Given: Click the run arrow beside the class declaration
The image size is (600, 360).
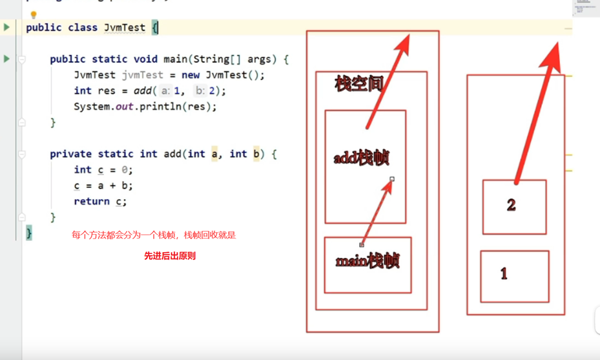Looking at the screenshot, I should tap(6, 27).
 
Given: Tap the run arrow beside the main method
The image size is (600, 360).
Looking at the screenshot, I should tap(6, 59).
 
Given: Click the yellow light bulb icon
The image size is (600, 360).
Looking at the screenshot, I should tap(34, 14).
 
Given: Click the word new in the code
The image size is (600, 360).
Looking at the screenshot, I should tap(191, 75).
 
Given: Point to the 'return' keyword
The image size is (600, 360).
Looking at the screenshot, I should tap(92, 201).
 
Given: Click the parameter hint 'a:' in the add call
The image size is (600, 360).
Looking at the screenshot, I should tap(166, 91).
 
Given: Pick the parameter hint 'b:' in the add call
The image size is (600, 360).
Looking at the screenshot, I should tap(200, 91).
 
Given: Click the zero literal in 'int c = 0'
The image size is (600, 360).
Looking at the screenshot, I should tap(126, 170).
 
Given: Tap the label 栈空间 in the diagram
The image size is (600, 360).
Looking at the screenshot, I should tap(358, 83).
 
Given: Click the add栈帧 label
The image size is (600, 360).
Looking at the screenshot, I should tap(361, 158).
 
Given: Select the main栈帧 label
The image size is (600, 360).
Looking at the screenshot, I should tap(367, 261).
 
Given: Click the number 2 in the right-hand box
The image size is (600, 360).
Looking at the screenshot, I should tap(512, 206).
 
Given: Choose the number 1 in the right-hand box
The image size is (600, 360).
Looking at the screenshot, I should tap(504, 274).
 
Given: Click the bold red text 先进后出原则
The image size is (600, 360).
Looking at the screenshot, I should tap(170, 256).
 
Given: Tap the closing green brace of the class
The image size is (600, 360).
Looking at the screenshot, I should tap(29, 233).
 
